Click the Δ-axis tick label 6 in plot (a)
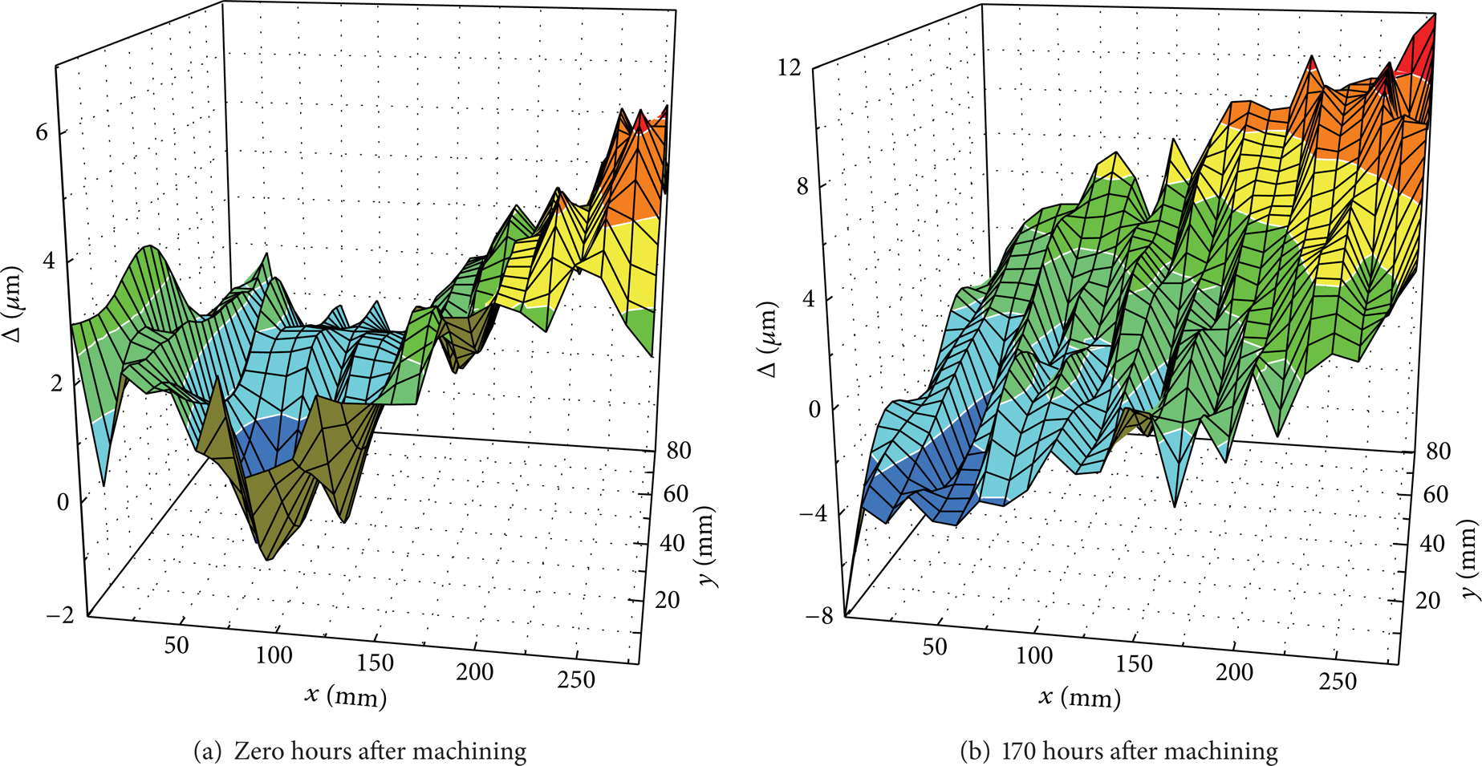point(42,132)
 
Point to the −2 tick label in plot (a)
point(55,614)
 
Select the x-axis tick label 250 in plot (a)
point(576,680)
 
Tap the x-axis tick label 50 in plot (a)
point(177,645)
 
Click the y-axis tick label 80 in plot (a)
point(678,451)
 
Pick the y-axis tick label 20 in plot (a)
point(667,599)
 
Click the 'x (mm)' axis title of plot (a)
point(346,695)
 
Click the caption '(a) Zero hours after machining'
point(360,752)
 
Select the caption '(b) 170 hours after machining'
point(1119,752)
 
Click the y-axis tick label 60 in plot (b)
point(1435,494)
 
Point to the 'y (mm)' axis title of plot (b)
point(1468,558)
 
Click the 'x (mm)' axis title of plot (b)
point(1080,697)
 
